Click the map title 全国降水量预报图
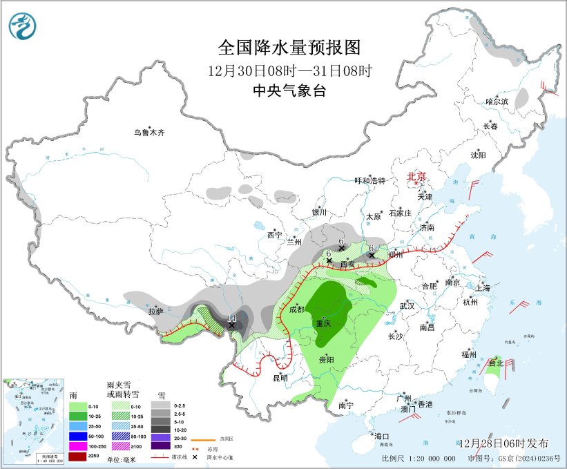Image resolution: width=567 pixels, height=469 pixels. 289,48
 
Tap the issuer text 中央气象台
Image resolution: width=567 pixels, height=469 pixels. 289,90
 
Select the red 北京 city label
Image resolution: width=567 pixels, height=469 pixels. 417,176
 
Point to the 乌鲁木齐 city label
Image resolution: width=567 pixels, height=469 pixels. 150,132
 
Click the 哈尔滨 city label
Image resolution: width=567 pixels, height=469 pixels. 497,102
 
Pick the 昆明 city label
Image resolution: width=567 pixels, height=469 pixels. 280,377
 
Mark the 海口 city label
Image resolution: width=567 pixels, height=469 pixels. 382,436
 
